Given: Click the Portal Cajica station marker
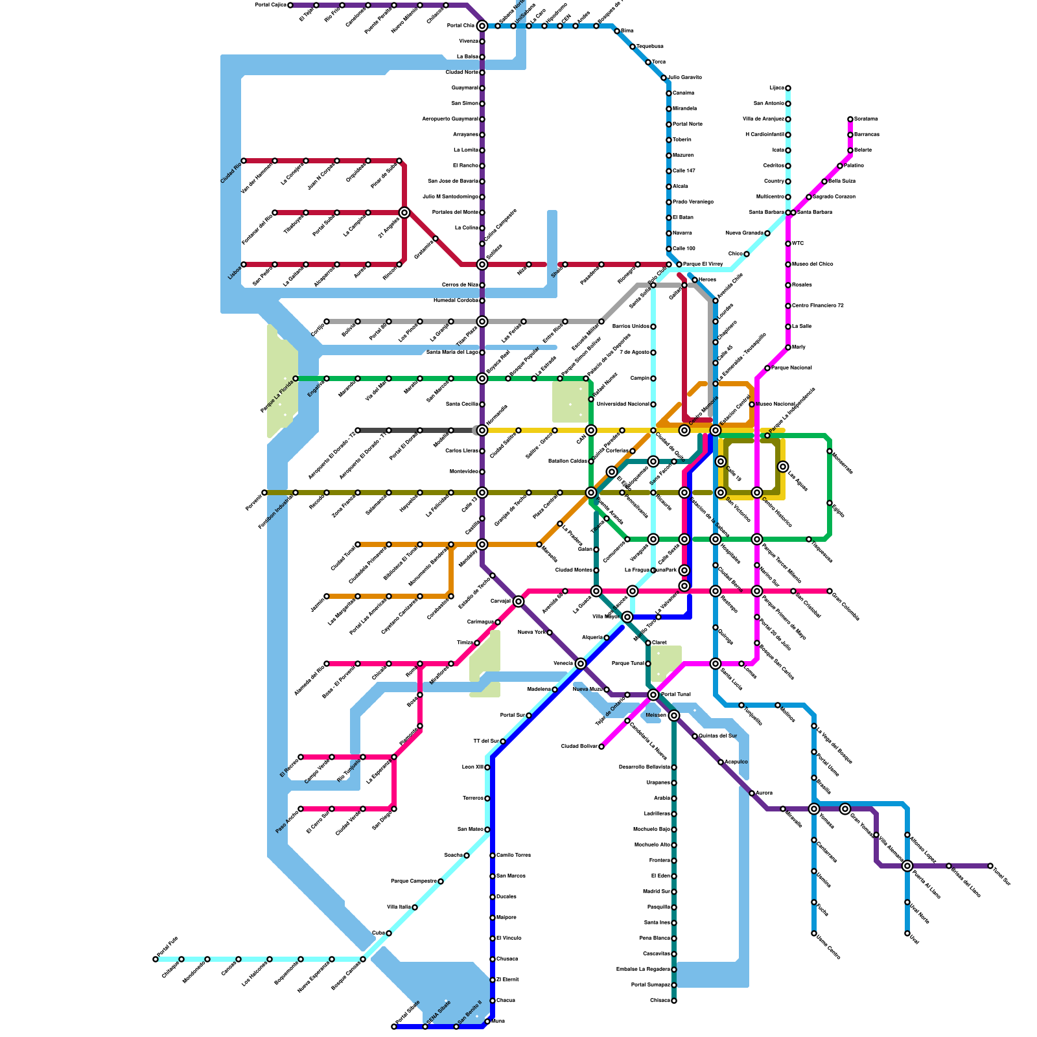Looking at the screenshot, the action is pyautogui.click(x=290, y=5).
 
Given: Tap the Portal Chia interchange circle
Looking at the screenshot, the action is pyautogui.click(x=482, y=26).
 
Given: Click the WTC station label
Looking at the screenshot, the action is pyautogui.click(x=798, y=244).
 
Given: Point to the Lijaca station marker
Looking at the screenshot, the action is pyautogui.click(x=788, y=88).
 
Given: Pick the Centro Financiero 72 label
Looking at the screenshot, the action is pyautogui.click(x=818, y=305).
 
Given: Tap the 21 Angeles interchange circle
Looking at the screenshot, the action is pyautogui.click(x=404, y=213).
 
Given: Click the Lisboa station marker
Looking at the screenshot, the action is pyautogui.click(x=244, y=264).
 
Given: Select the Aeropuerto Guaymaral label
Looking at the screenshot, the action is pyautogui.click(x=450, y=119).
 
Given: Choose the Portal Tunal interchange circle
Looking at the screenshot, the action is pyautogui.click(x=653, y=695).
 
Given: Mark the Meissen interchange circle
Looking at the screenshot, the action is pyautogui.click(x=674, y=716).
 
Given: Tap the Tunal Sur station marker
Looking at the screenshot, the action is pyautogui.click(x=990, y=866).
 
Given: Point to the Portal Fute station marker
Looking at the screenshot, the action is pyautogui.click(x=156, y=959).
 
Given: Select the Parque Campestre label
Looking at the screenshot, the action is pyautogui.click(x=413, y=881).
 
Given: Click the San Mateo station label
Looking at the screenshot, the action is pyautogui.click(x=470, y=829).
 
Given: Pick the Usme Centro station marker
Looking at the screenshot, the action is pyautogui.click(x=814, y=933).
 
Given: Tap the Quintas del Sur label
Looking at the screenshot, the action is pyautogui.click(x=717, y=736).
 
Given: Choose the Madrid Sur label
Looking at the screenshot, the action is pyautogui.click(x=657, y=891).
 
